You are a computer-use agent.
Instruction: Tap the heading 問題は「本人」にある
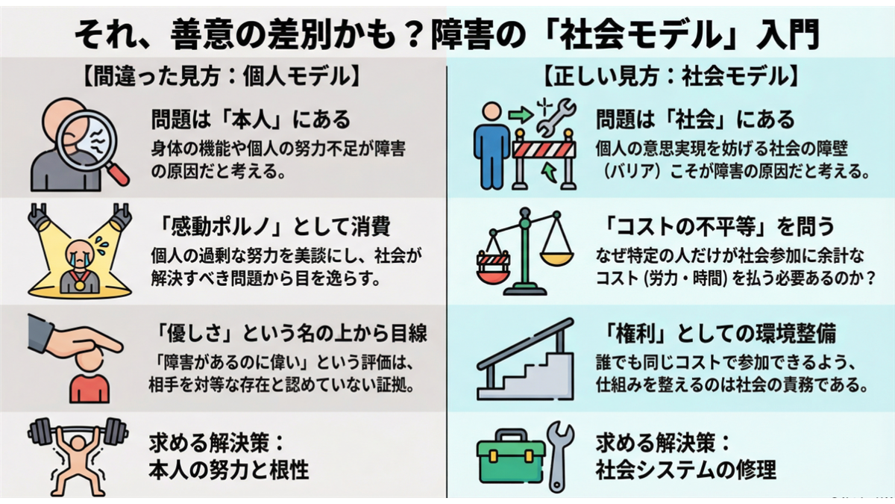251,119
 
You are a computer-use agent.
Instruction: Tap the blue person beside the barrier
492,146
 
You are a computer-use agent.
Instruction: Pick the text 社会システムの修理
686,470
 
